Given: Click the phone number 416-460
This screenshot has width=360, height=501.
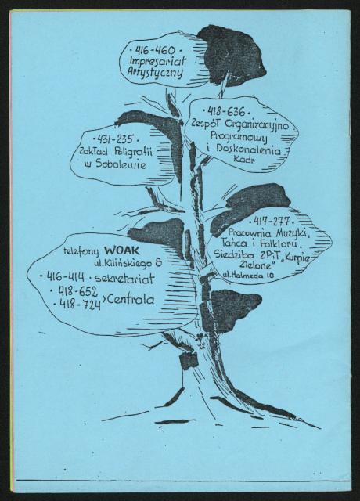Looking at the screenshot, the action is (x=155, y=50).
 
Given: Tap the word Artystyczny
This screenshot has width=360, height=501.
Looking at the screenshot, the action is (x=155, y=72).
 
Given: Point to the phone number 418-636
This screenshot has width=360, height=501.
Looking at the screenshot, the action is (x=226, y=111).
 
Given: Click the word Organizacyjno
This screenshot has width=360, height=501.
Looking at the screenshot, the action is (x=257, y=124).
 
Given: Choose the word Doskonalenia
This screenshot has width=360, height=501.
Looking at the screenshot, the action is (x=249, y=150).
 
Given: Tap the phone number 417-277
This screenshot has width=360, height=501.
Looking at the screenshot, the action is (x=272, y=221).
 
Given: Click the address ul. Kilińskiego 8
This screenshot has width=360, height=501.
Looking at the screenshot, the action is (x=128, y=263).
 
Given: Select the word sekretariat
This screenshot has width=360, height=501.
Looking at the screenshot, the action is (x=124, y=279).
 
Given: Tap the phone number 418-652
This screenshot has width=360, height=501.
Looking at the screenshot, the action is (x=77, y=290).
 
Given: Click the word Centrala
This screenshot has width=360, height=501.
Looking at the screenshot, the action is (x=131, y=299).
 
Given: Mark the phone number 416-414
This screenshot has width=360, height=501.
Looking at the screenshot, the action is (x=66, y=276).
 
